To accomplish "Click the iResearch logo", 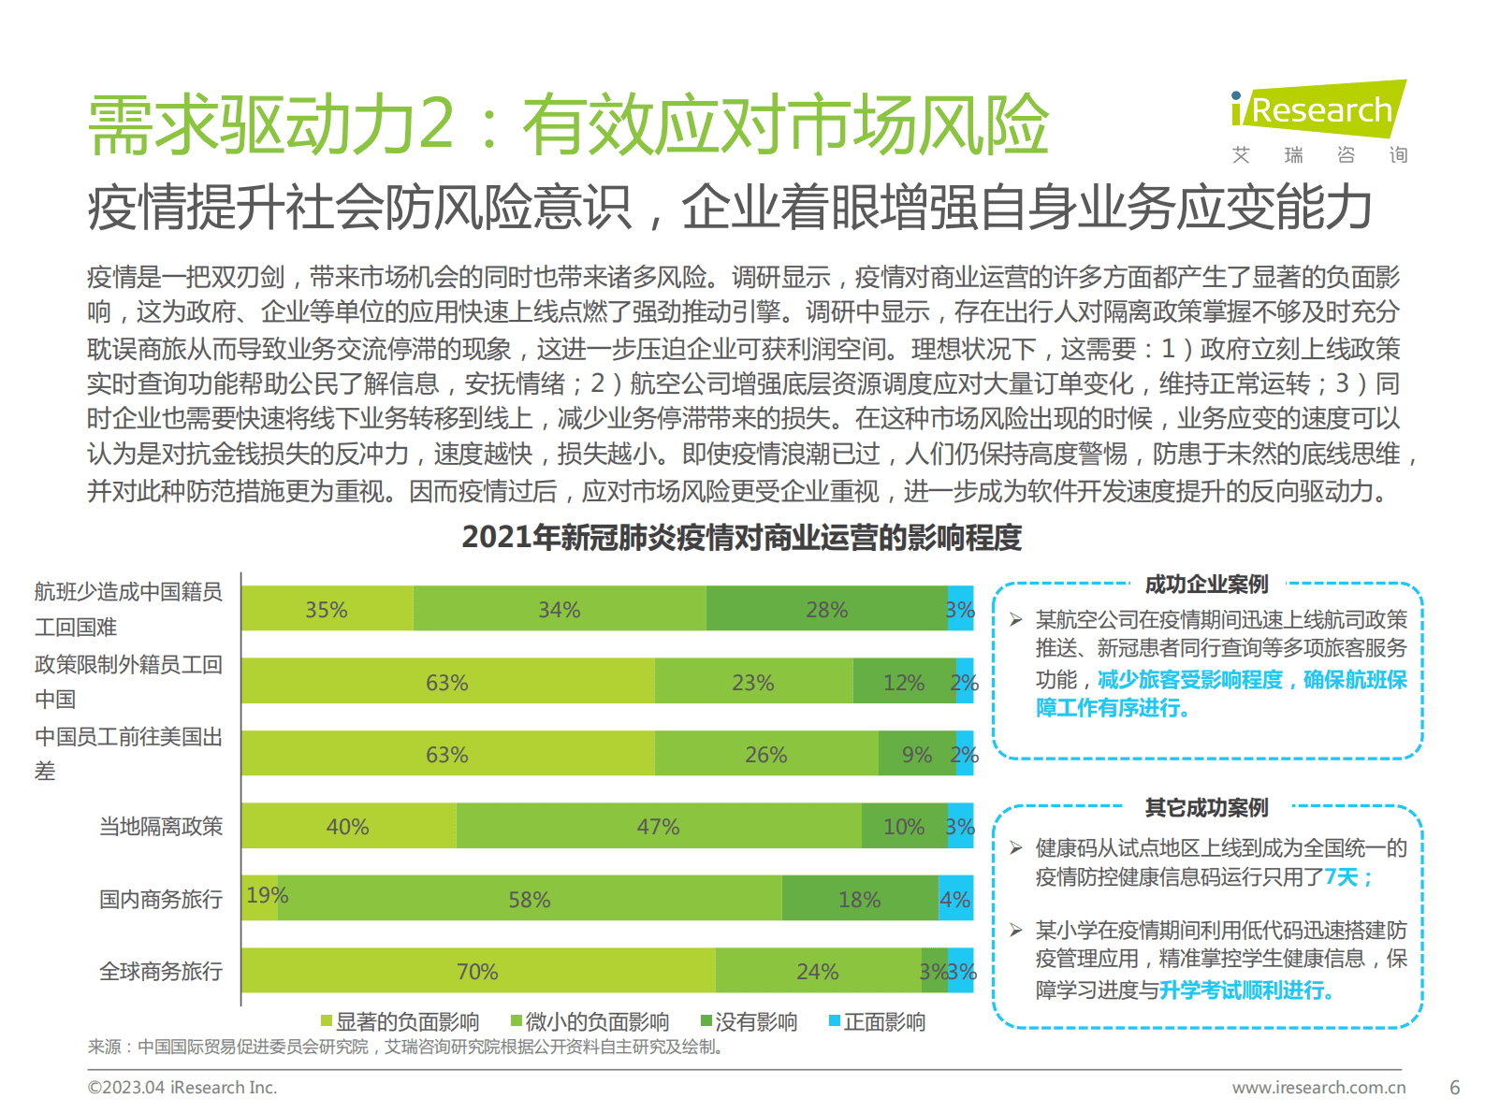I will tap(1318, 110).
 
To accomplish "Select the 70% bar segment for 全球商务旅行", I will tap(477, 971).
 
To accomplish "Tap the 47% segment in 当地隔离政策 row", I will tap(658, 826).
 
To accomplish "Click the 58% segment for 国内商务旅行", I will tap(529, 899).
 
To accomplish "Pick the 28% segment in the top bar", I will tap(826, 609).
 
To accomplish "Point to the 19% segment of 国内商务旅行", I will tap(260, 898).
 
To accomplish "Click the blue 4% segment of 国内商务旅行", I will tap(955, 899).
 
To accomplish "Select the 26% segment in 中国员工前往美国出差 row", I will tap(765, 754).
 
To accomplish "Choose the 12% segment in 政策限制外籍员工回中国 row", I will tap(903, 682).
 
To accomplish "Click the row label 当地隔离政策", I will tap(161, 826).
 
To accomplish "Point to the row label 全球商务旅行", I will tap(161, 971).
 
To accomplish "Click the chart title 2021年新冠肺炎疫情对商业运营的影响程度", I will tap(741, 537).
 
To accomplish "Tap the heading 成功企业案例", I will tap(1206, 585).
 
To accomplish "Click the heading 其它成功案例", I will tap(1206, 807).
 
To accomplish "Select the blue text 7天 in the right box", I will tap(1341, 876).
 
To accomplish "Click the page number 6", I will tap(1454, 1087).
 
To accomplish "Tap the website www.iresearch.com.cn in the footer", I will tap(1318, 1087).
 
